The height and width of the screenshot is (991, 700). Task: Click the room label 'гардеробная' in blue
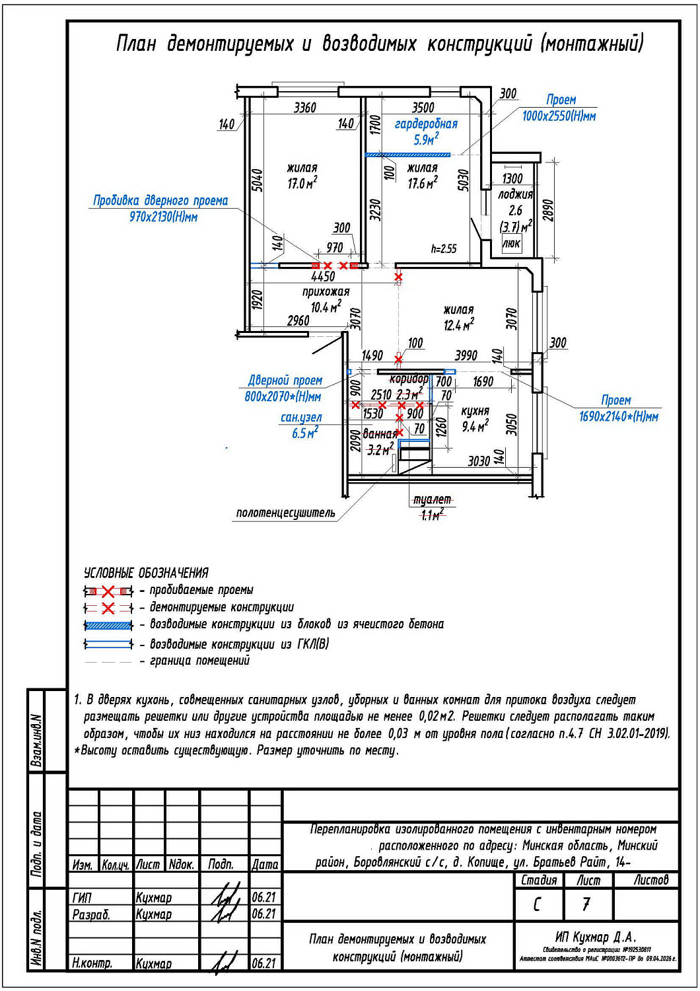tap(426, 124)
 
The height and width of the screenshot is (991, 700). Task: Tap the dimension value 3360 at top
tap(304, 107)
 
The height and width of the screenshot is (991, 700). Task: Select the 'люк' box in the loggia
tap(511, 244)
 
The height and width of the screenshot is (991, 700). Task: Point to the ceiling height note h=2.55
tap(443, 248)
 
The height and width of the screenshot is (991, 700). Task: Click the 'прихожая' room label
tap(326, 291)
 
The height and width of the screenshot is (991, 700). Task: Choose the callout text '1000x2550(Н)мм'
tap(559, 116)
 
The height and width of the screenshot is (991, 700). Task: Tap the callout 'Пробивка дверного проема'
tap(160, 200)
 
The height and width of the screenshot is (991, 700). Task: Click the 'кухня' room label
tap(475, 410)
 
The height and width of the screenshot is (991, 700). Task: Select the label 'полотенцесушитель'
tap(285, 513)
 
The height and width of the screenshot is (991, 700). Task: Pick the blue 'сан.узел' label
tap(301, 418)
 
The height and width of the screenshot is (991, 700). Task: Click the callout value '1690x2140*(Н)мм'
tap(618, 416)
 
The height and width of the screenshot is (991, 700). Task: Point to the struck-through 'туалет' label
tap(432, 499)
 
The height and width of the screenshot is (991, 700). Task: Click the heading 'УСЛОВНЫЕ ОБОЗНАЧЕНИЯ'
tap(146, 573)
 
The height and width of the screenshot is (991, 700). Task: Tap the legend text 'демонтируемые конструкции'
tap(221, 607)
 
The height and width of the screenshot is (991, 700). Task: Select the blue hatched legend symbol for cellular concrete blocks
tap(108, 625)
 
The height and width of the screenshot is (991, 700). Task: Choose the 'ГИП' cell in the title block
tap(83, 898)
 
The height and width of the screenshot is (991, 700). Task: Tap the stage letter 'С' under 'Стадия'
tap(537, 904)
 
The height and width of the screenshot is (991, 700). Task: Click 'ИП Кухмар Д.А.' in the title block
tap(595, 937)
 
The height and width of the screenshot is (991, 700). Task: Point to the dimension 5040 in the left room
tap(257, 180)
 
